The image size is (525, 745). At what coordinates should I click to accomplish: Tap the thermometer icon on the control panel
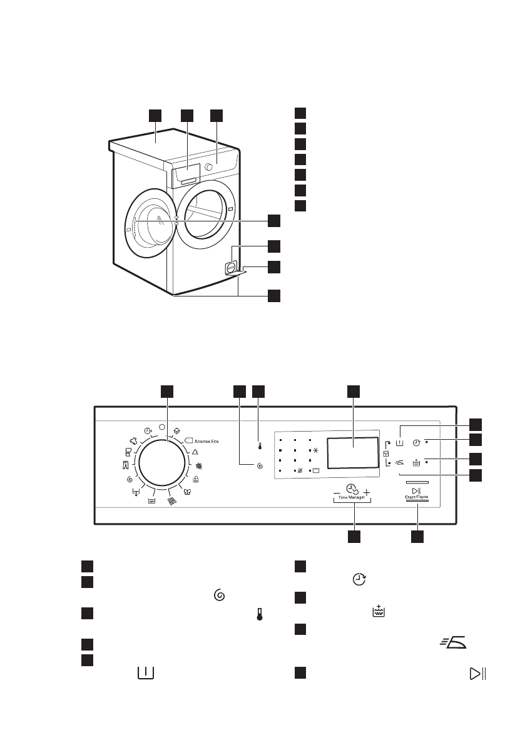(259, 447)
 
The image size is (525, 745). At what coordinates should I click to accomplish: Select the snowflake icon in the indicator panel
(315, 450)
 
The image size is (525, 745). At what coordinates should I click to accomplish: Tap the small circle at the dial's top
(162, 427)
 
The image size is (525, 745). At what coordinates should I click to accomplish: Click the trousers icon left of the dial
(125, 465)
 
